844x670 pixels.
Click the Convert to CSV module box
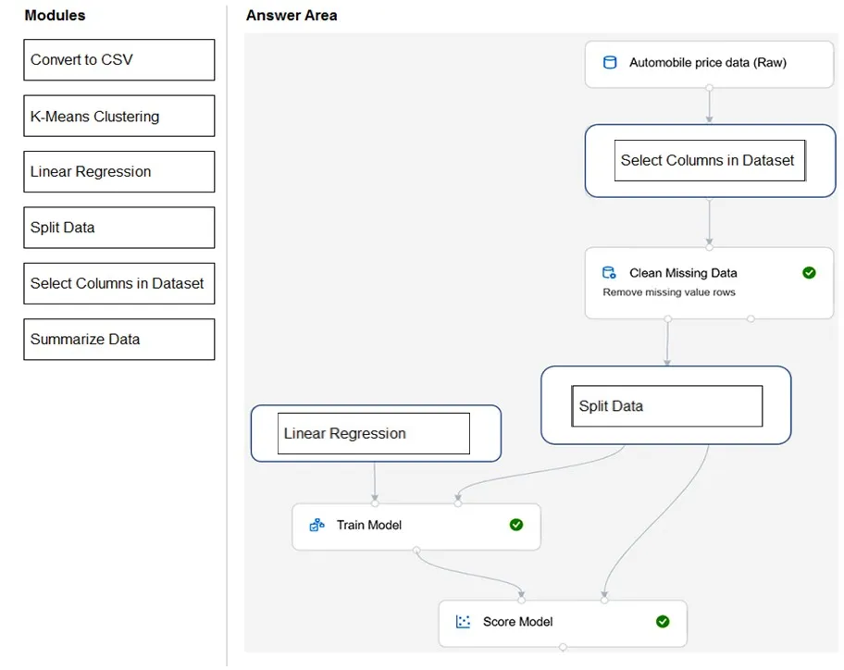coord(119,60)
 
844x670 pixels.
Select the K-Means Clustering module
coord(119,116)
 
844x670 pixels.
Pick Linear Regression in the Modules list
coord(119,172)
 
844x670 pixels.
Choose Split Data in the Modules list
coord(119,228)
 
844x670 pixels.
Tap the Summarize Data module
coord(119,340)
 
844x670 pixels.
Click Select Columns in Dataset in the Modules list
coord(119,283)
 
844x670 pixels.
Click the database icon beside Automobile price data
coord(610,62)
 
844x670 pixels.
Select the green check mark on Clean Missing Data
coord(809,273)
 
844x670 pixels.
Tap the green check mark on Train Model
coord(515,525)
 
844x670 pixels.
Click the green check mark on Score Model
coord(663,622)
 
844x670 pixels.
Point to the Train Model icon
coord(317,525)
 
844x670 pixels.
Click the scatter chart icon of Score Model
coord(463,622)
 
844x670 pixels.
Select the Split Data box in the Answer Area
coord(667,406)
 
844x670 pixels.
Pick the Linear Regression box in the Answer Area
coord(374,434)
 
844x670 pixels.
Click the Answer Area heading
coord(292,16)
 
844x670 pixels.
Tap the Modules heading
coord(55,16)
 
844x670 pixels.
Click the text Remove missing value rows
coord(669,292)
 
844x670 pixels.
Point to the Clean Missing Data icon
coord(609,273)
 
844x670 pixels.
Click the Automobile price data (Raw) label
coord(708,62)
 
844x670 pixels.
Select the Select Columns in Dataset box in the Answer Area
coord(710,160)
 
